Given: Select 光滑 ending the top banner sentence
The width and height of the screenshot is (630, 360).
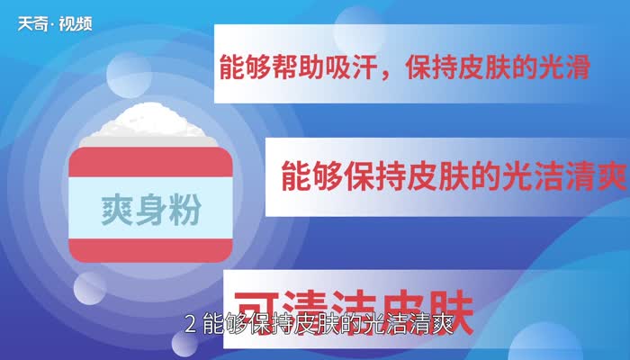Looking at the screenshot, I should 567,69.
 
